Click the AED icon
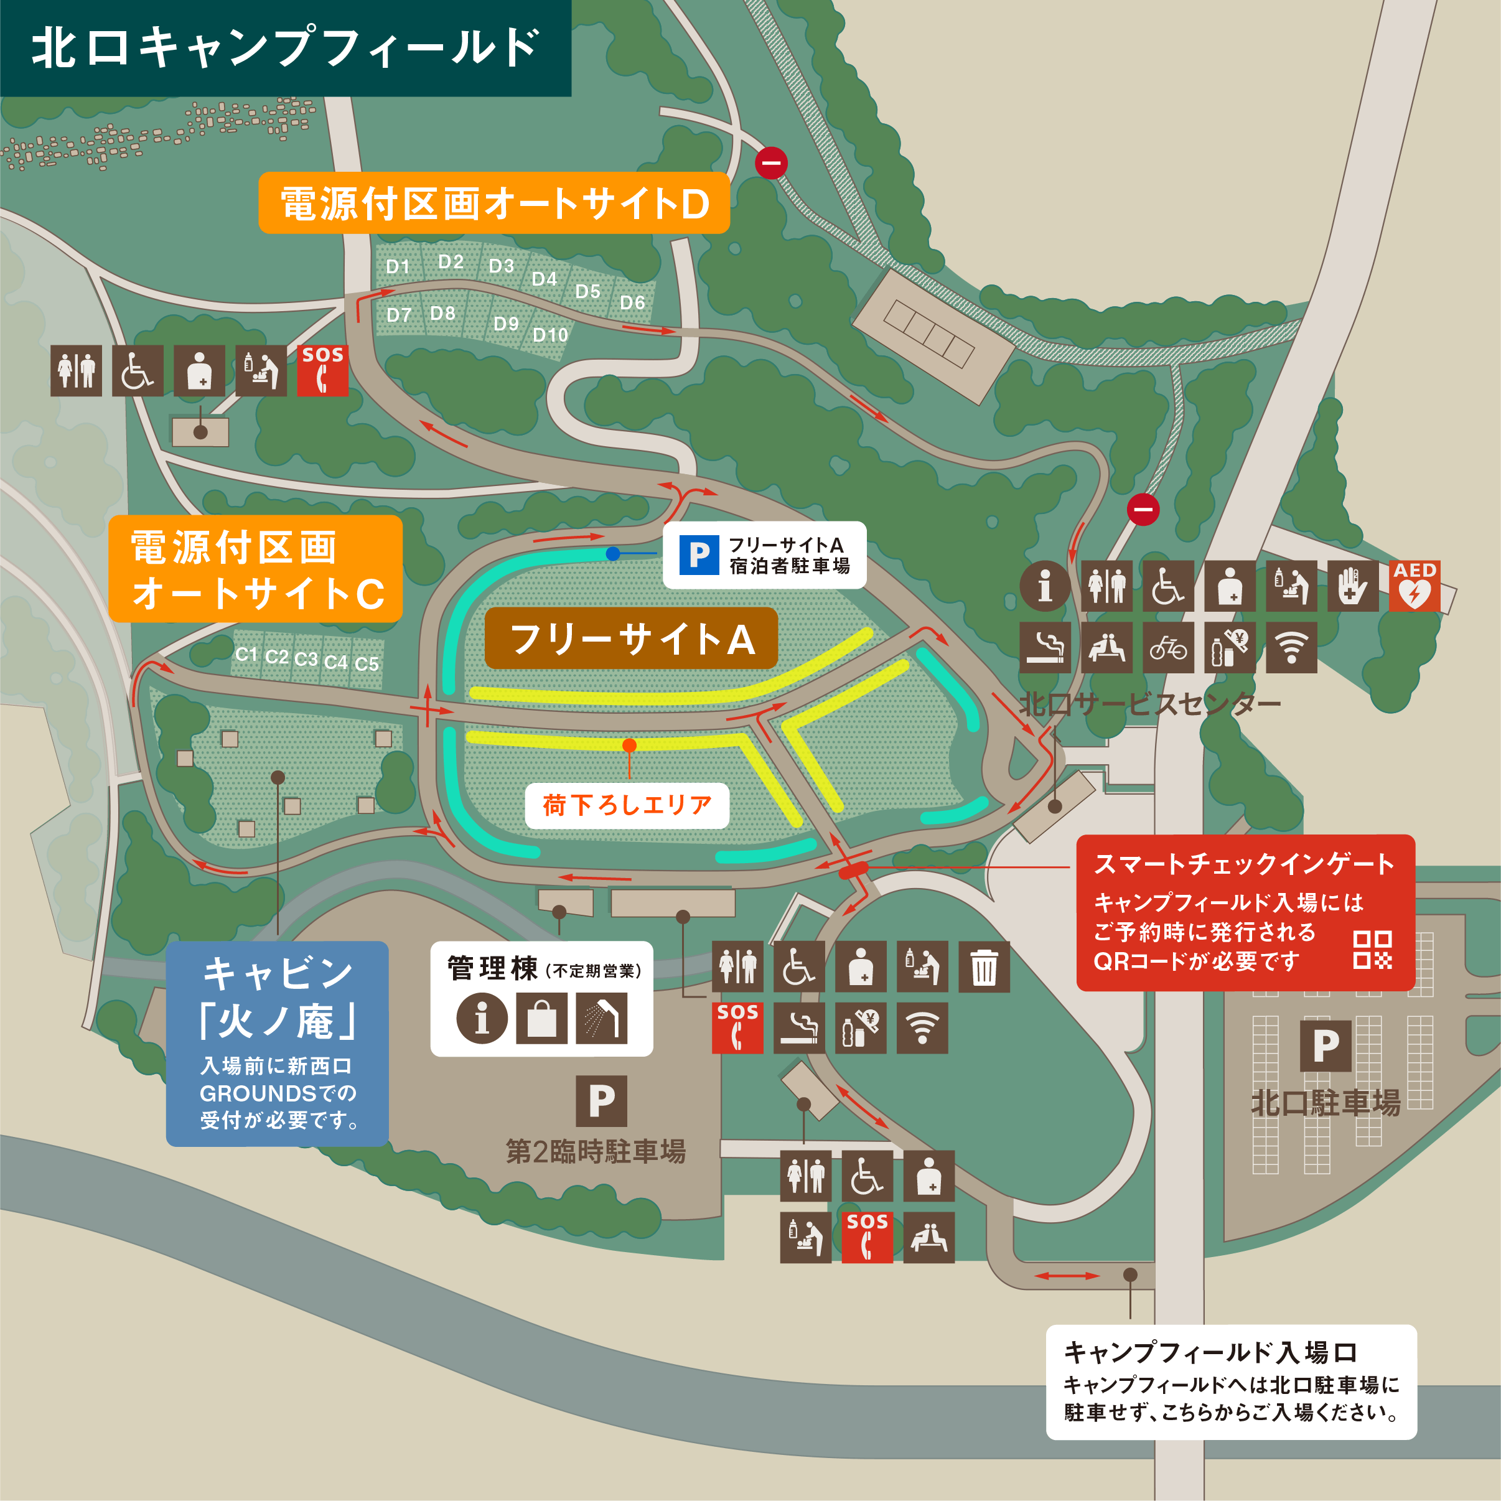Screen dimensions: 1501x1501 click(x=1414, y=586)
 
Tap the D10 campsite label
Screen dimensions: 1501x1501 click(x=550, y=335)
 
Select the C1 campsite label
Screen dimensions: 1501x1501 click(x=246, y=654)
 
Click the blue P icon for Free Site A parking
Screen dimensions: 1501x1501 click(x=698, y=554)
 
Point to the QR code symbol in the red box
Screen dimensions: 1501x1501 click(x=1372, y=950)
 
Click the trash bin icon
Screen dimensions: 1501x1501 click(x=984, y=966)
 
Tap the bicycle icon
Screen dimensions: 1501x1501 click(x=1167, y=647)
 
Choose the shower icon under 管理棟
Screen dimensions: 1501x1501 click(x=601, y=1017)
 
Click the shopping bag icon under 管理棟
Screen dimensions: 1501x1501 click(x=541, y=1017)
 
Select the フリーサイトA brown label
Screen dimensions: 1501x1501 click(x=631, y=638)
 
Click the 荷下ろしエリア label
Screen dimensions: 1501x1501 click(x=626, y=805)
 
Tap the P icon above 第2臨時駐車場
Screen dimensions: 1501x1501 click(x=601, y=1101)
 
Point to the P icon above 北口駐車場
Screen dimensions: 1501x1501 click(x=1326, y=1045)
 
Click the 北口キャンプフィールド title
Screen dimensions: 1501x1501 click(x=284, y=47)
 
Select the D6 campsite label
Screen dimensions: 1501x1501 click(x=632, y=302)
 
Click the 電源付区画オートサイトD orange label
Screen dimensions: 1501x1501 click(x=494, y=203)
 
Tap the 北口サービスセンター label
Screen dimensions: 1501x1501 click(x=1150, y=704)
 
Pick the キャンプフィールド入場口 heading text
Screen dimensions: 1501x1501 click(x=1210, y=1352)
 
